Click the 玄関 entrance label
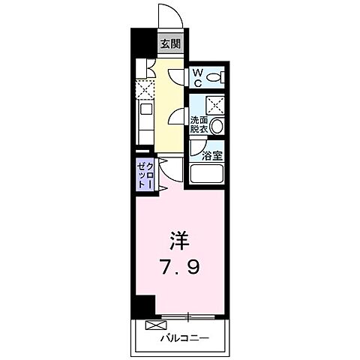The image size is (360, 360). [170, 43]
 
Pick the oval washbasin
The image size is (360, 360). [217, 127]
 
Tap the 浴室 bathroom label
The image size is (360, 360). [213, 156]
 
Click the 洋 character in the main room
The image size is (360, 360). [179, 241]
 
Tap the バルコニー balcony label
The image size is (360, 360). [184, 338]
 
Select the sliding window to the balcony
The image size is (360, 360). [190, 313]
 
